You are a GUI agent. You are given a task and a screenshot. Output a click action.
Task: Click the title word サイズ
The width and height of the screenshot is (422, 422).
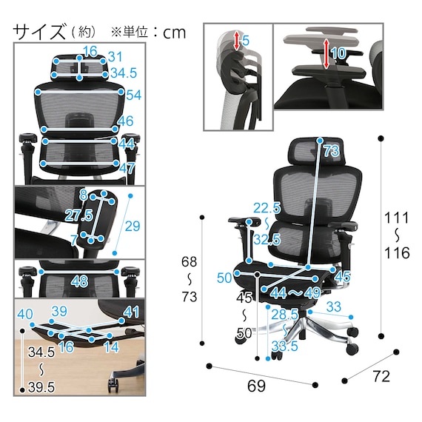pyautogui.click(x=39, y=33)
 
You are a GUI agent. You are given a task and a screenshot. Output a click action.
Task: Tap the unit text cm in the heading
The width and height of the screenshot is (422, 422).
pyautogui.click(x=175, y=33)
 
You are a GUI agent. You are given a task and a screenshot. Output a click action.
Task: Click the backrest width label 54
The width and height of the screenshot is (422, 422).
pyautogui.click(x=134, y=96)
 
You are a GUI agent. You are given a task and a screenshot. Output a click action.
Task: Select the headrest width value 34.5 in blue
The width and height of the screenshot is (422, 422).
pyautogui.click(x=124, y=73)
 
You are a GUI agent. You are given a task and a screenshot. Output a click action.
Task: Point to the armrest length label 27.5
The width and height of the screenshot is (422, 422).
pyautogui.click(x=78, y=215)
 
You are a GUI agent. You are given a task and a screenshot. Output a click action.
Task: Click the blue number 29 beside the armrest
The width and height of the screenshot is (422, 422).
pyautogui.click(x=133, y=226)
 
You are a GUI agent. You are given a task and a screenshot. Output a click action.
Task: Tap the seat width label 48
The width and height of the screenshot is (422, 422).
pyautogui.click(x=80, y=281)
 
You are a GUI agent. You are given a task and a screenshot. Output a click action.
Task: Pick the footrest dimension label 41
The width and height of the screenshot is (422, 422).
pyautogui.click(x=131, y=312)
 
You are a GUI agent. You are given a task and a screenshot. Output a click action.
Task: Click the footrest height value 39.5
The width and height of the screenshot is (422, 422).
pyautogui.click(x=41, y=387)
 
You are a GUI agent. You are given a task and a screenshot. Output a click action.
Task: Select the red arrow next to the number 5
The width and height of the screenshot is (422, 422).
pyautogui.click(x=237, y=41)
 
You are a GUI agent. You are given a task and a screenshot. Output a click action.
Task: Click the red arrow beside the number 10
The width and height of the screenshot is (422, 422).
pyautogui.click(x=326, y=53)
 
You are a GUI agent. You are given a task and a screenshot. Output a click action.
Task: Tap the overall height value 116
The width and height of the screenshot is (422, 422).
pyautogui.click(x=397, y=252)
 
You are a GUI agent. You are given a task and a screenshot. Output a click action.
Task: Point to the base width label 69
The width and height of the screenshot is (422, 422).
pyautogui.click(x=256, y=386)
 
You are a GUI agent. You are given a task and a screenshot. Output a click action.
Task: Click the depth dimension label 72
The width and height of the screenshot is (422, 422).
pyautogui.click(x=381, y=376)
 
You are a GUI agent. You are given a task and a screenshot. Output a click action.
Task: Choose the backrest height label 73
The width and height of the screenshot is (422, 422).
pyautogui.click(x=331, y=151)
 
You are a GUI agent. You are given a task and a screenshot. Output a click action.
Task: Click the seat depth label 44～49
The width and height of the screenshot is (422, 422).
pyautogui.click(x=295, y=293)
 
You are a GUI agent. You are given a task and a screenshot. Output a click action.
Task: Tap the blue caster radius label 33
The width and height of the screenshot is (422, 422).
pyautogui.click(x=334, y=307)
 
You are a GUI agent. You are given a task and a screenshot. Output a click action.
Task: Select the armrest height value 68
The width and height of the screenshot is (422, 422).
pyautogui.click(x=189, y=261)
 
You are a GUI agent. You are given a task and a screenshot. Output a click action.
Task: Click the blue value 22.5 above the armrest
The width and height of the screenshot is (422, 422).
pyautogui.click(x=267, y=208)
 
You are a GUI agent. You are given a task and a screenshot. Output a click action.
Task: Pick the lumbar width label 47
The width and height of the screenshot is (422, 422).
pyautogui.click(x=127, y=168)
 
